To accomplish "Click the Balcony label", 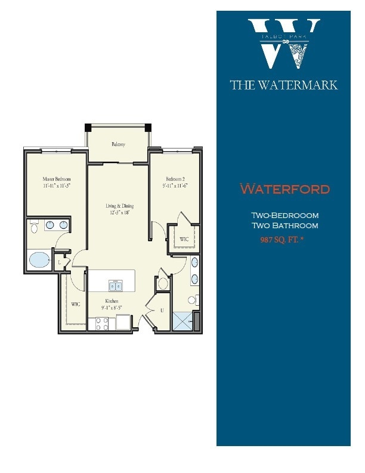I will [x=117, y=145].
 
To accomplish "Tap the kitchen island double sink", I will [x=115, y=285].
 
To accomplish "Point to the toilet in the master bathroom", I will [x=35, y=226].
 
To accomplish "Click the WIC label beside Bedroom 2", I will [x=184, y=239].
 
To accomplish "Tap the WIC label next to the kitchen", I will [x=76, y=304].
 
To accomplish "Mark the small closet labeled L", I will [x=60, y=262].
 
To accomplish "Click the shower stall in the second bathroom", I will [x=182, y=321].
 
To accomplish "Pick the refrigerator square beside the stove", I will [x=124, y=323].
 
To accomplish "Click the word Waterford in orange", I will [x=284, y=189].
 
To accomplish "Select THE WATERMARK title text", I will [x=284, y=85].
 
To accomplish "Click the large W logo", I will [x=284, y=44].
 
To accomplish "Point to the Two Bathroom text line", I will [x=284, y=226].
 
